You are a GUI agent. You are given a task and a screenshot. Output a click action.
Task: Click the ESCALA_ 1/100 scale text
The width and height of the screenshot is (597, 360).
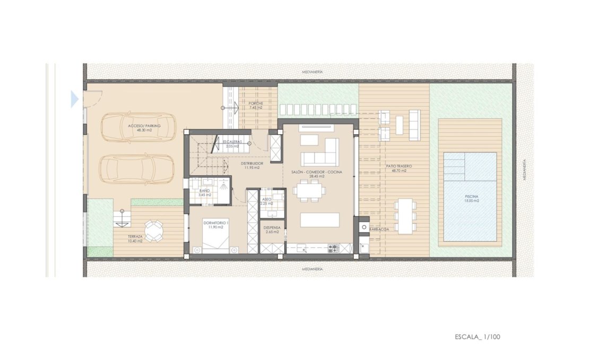(x=478, y=337)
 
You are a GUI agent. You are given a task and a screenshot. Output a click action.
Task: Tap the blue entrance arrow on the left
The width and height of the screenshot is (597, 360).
(x=74, y=99)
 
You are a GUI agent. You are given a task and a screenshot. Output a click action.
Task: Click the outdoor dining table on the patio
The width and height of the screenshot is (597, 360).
(x=405, y=216)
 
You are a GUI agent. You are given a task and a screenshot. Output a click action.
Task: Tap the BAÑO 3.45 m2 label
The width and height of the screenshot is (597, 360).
(x=205, y=192)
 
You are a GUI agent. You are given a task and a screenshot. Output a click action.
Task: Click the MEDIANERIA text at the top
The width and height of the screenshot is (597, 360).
(x=312, y=71)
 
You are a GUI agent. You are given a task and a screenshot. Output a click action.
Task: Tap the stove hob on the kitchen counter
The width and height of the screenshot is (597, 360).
(x=333, y=247)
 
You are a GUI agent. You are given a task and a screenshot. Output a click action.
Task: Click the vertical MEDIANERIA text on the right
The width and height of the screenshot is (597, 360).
(x=524, y=170)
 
